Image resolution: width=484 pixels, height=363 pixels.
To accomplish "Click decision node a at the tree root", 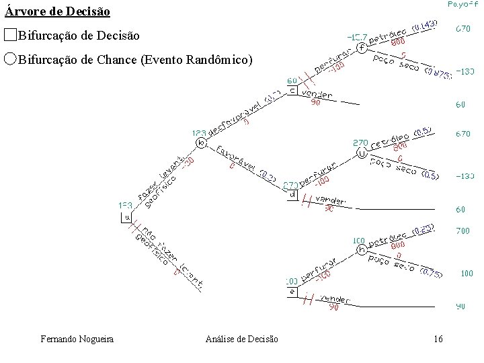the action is click(126, 217).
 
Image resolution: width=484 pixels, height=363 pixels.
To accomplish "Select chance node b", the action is click(200, 143).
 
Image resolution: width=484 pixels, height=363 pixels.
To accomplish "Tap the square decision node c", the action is click(292, 91).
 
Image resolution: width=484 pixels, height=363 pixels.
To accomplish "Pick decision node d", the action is click(292, 195).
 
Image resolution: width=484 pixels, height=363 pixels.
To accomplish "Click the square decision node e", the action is click(292, 291).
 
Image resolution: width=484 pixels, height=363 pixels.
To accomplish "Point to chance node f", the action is click(362, 48).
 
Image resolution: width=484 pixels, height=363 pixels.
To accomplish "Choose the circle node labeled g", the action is click(362, 153).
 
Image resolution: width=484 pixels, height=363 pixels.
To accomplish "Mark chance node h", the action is click(362, 249).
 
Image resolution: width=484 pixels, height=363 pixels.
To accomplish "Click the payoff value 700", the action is click(462, 231).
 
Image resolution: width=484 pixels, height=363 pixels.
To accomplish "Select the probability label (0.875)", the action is click(438, 73).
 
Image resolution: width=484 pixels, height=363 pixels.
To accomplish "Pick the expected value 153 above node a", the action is click(126, 205).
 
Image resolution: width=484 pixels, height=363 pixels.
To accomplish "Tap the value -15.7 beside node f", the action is click(356, 36).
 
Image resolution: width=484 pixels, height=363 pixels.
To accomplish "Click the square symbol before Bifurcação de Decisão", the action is click(10, 34).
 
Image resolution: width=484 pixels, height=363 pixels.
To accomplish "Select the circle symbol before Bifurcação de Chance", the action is click(10, 59).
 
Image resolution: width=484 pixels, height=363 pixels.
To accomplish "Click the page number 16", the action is click(438, 339).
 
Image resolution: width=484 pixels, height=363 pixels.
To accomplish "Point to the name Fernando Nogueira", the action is click(77, 339).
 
